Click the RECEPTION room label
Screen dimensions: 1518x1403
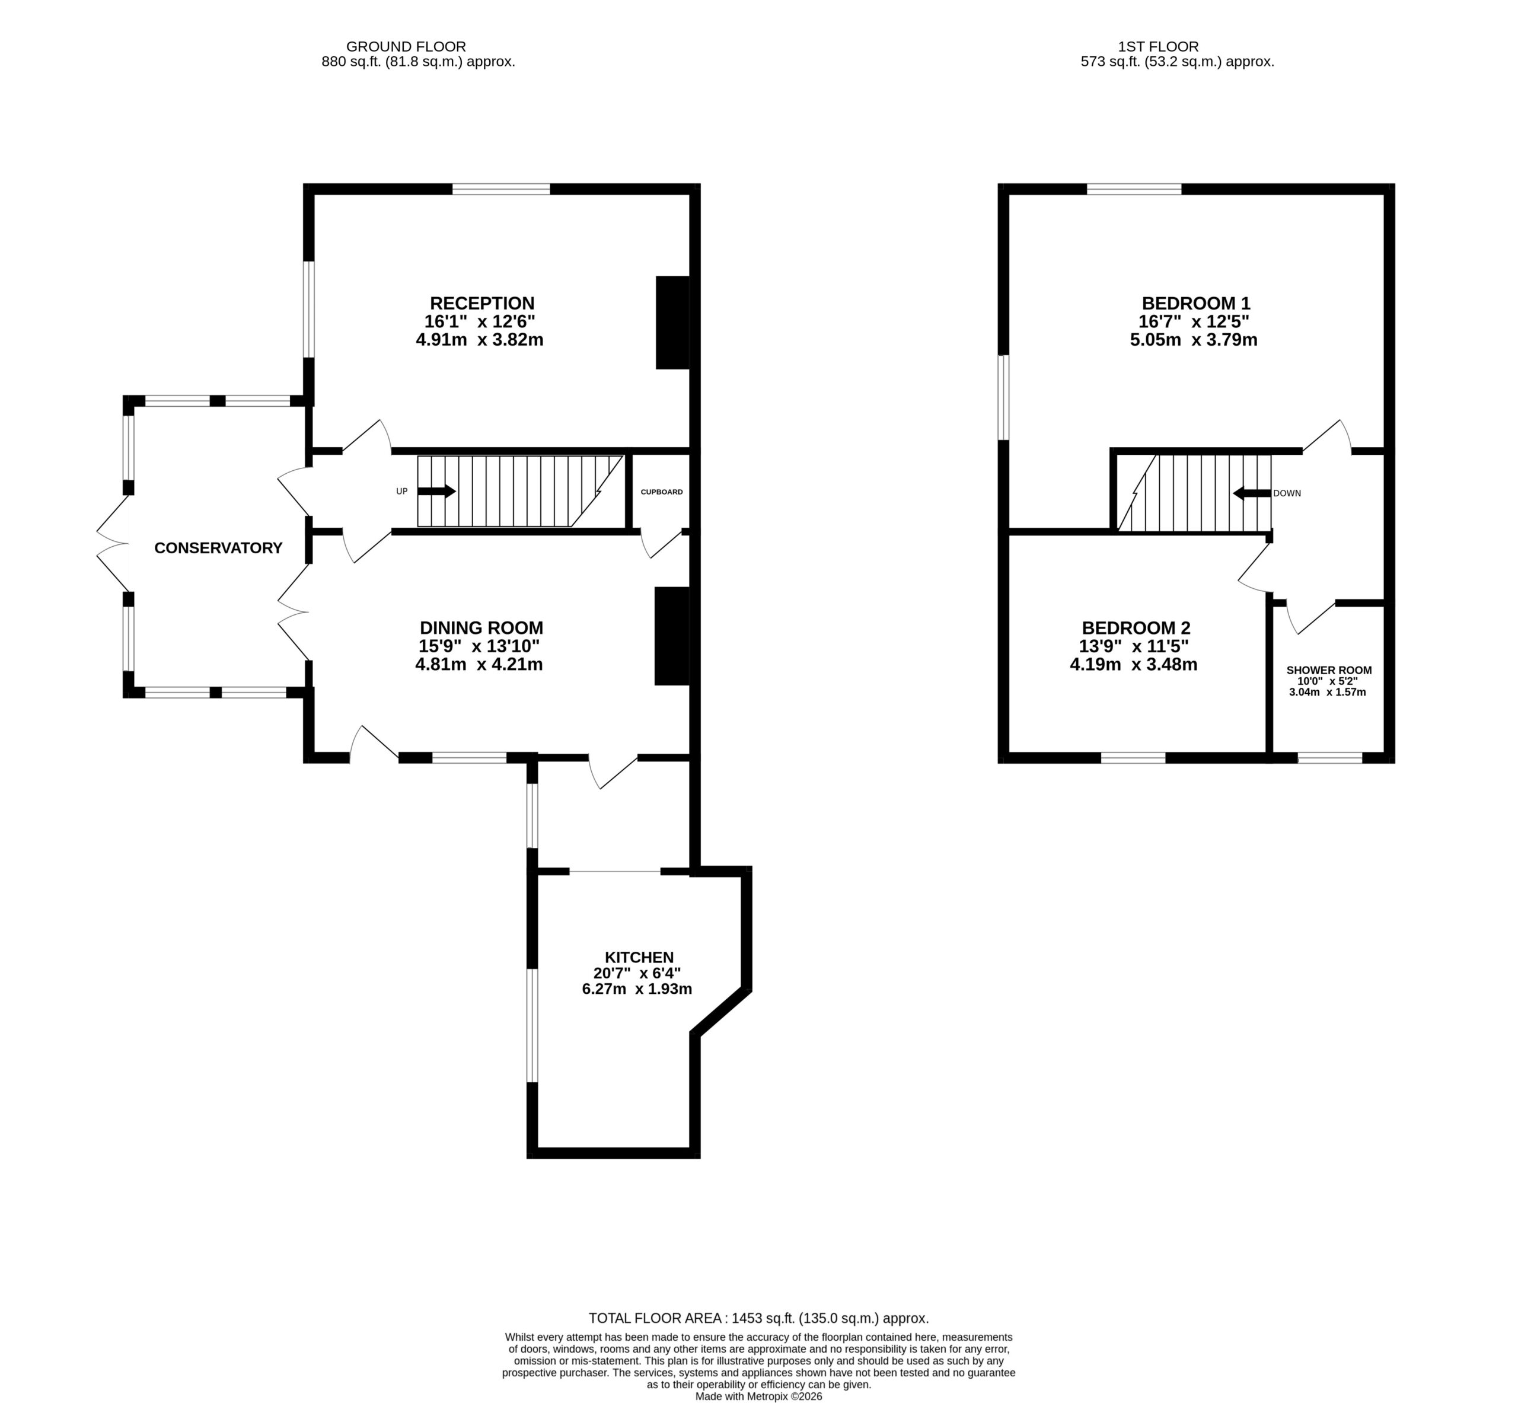(482, 304)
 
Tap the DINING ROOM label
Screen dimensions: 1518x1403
(481, 628)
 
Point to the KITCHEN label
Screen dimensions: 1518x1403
(639, 957)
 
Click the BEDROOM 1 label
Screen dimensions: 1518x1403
(1196, 304)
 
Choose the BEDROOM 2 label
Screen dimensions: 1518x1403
(1136, 628)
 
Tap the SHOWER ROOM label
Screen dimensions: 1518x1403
(1329, 671)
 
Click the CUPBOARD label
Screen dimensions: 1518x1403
(662, 492)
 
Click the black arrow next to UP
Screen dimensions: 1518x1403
(436, 491)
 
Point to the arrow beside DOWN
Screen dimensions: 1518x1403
(1252, 493)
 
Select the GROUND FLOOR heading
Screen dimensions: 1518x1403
(406, 46)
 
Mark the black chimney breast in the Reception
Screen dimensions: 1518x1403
(672, 323)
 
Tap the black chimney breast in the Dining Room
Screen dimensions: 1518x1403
(672, 636)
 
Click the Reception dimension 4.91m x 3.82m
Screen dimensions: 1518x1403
(480, 339)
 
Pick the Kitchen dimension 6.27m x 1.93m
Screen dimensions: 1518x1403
(637, 989)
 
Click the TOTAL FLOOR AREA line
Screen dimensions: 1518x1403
(759, 1319)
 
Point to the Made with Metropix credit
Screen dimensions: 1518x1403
(759, 1396)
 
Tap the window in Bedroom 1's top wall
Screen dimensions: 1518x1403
(1135, 189)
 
